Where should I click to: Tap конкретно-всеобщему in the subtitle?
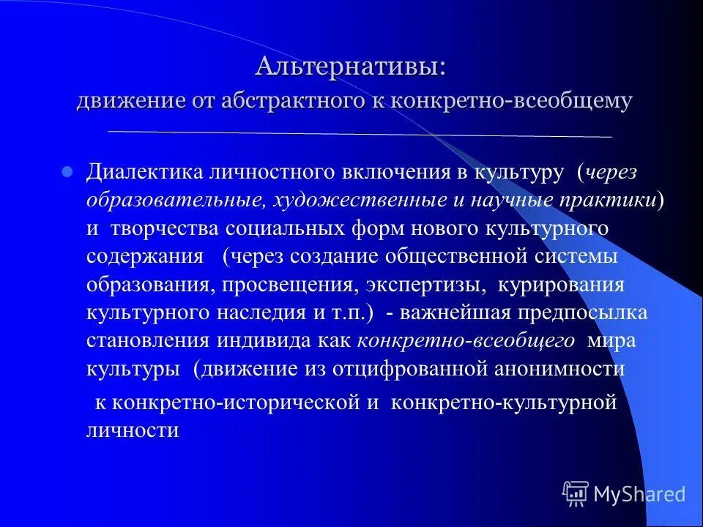512,101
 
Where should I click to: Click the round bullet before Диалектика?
67,173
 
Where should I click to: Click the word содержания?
145,256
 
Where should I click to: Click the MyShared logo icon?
576,494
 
